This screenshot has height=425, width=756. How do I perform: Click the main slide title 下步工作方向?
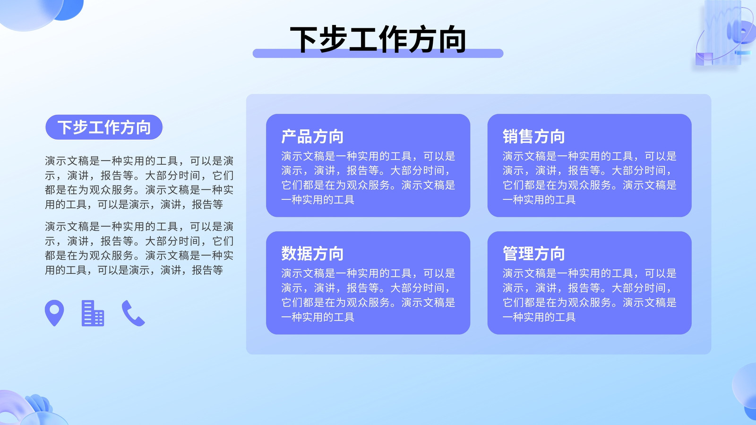point(378,40)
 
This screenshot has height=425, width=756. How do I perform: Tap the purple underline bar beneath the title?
point(378,54)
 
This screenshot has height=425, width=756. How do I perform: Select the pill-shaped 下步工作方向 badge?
point(104,127)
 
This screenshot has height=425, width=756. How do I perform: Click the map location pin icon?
point(54,313)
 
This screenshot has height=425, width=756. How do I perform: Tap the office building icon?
point(93,314)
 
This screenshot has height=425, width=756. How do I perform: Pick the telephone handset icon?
point(133,314)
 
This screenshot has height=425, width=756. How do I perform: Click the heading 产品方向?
point(312,136)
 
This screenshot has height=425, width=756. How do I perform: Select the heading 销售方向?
point(534,136)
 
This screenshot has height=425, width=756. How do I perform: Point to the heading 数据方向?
point(312,254)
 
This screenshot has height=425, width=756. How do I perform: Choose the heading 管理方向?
point(534,254)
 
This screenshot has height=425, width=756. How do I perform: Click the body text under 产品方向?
point(368,178)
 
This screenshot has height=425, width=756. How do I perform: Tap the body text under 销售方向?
point(590,178)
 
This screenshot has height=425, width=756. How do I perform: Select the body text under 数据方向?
point(368,295)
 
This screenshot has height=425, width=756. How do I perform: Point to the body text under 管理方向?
point(590,295)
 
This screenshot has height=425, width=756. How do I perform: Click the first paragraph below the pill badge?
point(139,182)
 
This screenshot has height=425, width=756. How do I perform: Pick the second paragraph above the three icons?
point(139,248)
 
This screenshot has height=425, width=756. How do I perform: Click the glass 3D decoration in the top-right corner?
point(724,34)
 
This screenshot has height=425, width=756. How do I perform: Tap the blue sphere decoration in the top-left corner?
point(41,12)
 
